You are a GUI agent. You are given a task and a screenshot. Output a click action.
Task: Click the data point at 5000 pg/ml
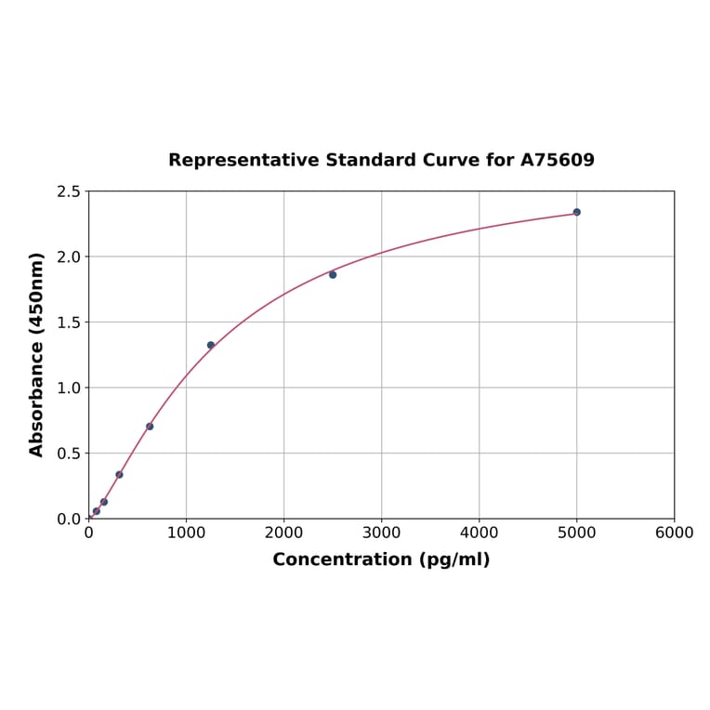click(576, 212)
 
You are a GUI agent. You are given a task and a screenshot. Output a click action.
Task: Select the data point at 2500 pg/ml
click(333, 274)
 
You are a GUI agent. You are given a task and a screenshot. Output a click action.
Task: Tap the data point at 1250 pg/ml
click(211, 345)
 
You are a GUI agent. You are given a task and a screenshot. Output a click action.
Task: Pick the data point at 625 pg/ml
click(150, 427)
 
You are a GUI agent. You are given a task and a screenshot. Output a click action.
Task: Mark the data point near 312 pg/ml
click(119, 474)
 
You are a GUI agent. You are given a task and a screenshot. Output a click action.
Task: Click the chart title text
click(381, 161)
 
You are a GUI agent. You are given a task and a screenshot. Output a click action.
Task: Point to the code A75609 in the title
click(557, 161)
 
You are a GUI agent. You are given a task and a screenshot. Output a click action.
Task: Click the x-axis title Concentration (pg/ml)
click(381, 559)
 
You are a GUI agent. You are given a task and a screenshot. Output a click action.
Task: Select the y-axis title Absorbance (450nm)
click(37, 354)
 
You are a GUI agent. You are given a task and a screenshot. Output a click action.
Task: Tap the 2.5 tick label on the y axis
click(69, 191)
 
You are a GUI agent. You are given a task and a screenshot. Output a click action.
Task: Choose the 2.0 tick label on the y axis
click(69, 256)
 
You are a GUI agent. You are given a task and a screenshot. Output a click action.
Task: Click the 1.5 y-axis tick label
click(69, 322)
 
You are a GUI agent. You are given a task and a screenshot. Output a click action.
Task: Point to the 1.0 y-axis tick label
click(69, 388)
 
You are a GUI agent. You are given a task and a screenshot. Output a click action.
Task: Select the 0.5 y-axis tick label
click(69, 454)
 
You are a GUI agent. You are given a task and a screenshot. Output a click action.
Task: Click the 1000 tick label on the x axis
click(186, 532)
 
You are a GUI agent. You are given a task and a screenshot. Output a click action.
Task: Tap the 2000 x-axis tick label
click(283, 532)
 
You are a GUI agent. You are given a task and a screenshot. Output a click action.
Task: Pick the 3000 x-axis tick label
click(381, 532)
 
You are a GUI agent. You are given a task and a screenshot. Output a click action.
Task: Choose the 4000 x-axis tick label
click(479, 532)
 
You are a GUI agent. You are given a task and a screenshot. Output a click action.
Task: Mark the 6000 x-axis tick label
click(674, 532)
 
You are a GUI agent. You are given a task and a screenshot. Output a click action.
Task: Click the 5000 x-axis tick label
click(576, 532)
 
